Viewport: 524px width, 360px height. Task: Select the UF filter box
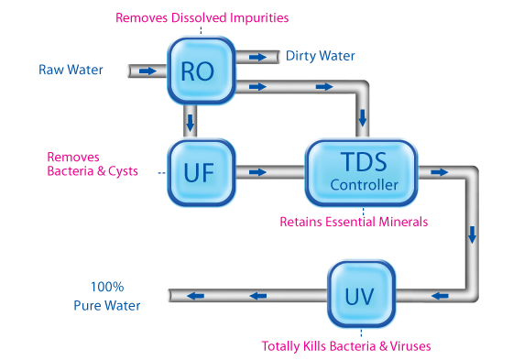click(197, 171)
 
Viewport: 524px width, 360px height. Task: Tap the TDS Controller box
click(364, 171)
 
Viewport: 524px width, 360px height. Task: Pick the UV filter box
click(361, 295)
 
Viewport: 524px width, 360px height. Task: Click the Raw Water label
click(71, 70)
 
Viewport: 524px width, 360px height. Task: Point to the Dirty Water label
click(320, 56)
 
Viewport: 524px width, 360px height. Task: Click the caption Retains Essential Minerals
click(353, 221)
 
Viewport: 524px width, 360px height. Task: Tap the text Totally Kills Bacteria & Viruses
click(345, 346)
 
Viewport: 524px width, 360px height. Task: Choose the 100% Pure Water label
click(107, 296)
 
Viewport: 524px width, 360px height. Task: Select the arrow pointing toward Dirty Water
click(259, 57)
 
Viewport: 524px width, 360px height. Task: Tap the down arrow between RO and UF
click(191, 121)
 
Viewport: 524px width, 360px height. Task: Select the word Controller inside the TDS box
click(364, 186)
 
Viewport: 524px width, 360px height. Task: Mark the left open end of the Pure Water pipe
click(172, 295)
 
